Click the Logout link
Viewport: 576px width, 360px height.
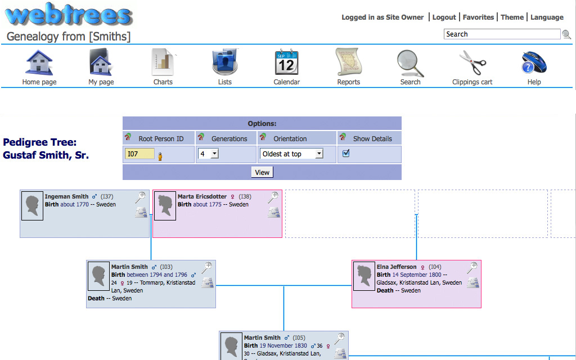tap(444, 17)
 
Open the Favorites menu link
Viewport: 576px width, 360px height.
tap(478, 17)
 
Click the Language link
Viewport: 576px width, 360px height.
tap(547, 17)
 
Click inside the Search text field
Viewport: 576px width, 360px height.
tap(502, 34)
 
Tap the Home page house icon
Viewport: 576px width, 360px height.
tap(39, 63)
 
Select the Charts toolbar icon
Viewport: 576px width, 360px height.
tap(163, 63)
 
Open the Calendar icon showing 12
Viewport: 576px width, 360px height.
tap(286, 63)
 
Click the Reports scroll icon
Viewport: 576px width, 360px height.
tap(348, 63)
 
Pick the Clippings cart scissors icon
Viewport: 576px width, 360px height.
tap(472, 63)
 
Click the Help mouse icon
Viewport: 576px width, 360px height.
tap(534, 63)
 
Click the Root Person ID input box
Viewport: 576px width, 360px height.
tap(139, 154)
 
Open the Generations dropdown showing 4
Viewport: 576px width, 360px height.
tap(208, 154)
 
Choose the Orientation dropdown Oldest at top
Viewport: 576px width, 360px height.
tap(291, 154)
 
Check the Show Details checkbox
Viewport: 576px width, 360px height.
tap(346, 153)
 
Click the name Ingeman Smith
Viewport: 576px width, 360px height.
tap(66, 197)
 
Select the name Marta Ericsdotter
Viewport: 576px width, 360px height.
tap(202, 197)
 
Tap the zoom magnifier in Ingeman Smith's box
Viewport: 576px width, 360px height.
tap(141, 197)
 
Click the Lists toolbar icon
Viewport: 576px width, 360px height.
tap(225, 63)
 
